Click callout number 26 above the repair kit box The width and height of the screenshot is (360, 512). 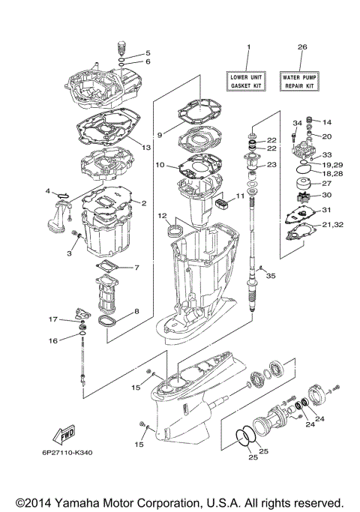click(301, 46)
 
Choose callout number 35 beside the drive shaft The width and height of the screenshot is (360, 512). click(271, 276)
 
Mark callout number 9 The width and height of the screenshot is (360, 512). click(159, 135)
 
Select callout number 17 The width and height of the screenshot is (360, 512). click(53, 319)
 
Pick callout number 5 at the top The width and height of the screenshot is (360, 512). click(148, 53)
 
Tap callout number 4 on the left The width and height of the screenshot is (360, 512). click(47, 192)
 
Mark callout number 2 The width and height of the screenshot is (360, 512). click(143, 202)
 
